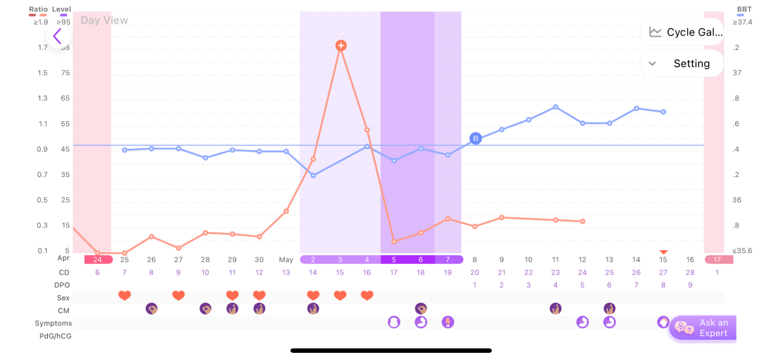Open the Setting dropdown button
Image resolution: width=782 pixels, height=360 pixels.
[x=682, y=64]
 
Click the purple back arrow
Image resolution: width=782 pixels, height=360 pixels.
[x=58, y=37]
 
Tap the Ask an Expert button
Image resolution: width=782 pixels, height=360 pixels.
[x=702, y=328]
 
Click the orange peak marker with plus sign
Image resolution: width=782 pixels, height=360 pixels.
[x=341, y=46]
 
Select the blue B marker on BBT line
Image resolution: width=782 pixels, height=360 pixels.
[x=476, y=139]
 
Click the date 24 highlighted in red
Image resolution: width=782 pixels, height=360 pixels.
[x=98, y=260]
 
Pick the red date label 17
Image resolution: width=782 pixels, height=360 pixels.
[x=718, y=260]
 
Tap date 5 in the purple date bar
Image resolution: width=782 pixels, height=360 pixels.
[x=394, y=260]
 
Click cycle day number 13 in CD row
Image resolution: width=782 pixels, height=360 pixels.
[x=286, y=272]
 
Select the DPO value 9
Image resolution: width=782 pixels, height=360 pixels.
[x=690, y=285]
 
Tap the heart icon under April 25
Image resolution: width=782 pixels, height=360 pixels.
[x=125, y=295]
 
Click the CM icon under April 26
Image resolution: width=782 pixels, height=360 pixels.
[x=152, y=308]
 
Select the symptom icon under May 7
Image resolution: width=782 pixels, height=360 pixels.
[x=448, y=322]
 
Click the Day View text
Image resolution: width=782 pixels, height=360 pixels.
[x=104, y=20]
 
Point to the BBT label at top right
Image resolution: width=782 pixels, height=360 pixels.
[x=744, y=10]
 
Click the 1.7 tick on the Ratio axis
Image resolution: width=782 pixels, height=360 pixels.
[x=43, y=47]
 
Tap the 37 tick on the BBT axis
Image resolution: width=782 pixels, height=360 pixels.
[x=737, y=73]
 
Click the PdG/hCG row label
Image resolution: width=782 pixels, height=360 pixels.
[x=56, y=336]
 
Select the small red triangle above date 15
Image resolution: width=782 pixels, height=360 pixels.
[x=663, y=252]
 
